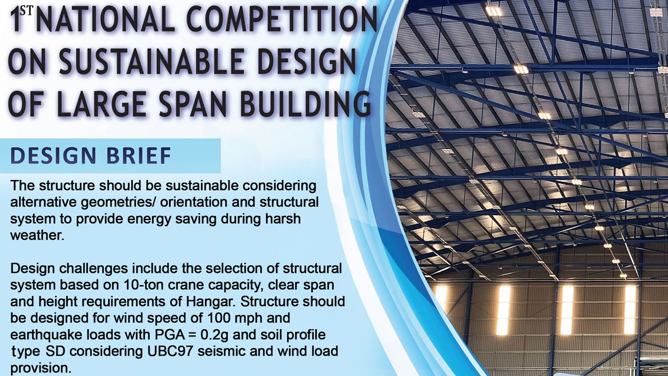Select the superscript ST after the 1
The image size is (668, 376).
(x=27, y=10)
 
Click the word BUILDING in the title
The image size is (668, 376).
(x=312, y=105)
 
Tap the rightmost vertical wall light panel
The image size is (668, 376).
(x=630, y=309)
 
